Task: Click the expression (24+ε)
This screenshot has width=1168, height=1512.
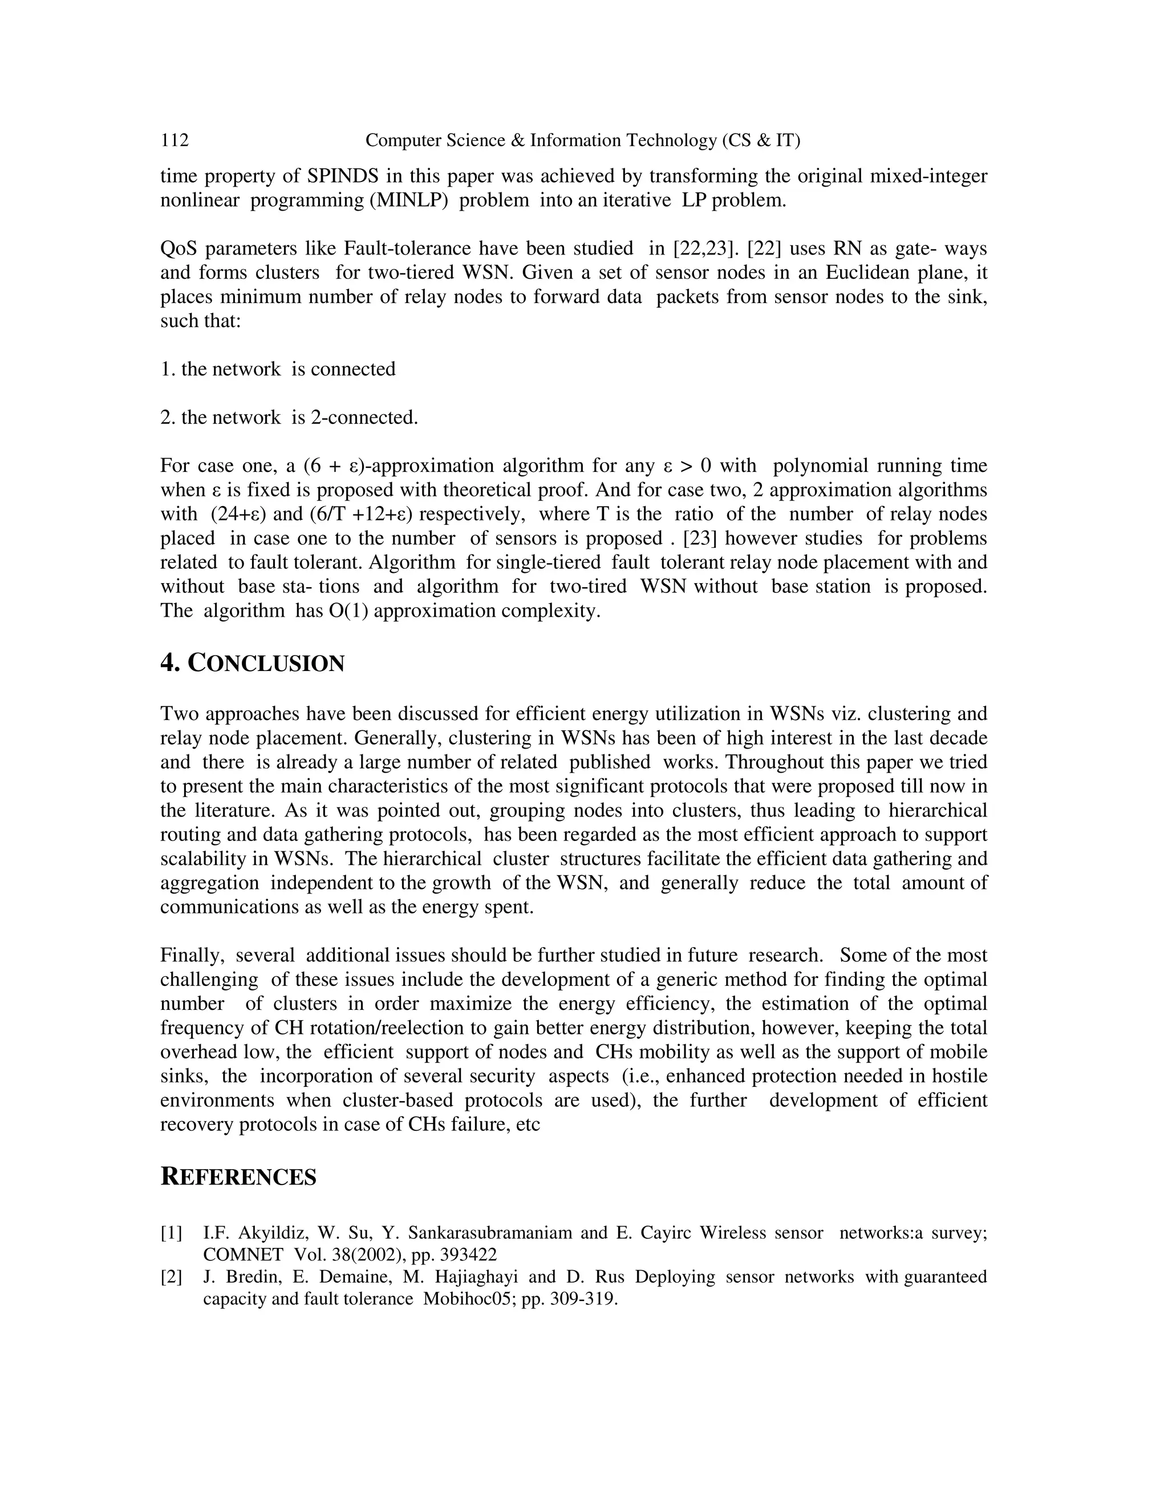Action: point(238,515)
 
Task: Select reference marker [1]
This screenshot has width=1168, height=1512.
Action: point(172,1233)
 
